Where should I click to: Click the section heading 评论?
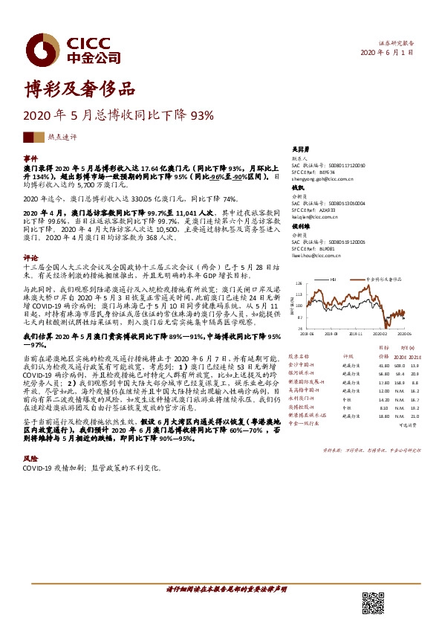pos(30,257)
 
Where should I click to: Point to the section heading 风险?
pos(30,459)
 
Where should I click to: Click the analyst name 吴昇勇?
pos(299,149)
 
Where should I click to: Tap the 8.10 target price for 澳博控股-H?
pos(384,407)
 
